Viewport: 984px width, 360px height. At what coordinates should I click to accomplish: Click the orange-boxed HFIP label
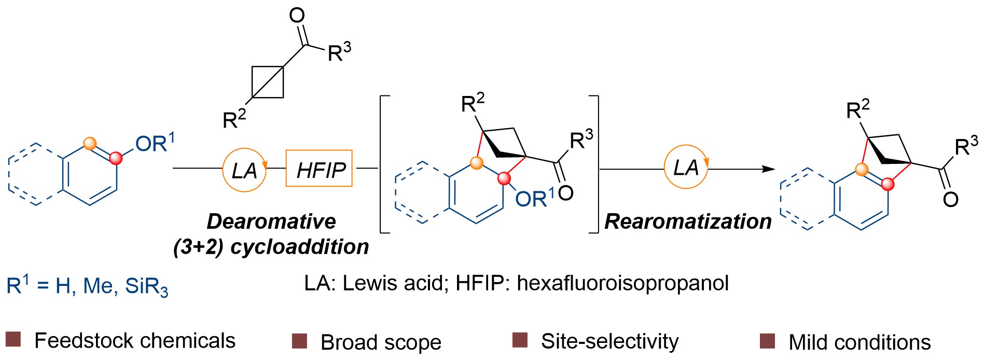pos(319,169)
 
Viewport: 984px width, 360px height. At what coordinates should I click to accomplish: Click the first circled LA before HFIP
pos(244,169)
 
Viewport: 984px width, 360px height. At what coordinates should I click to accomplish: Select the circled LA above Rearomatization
pos(686,167)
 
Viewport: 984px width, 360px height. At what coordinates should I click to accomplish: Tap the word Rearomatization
pos(688,221)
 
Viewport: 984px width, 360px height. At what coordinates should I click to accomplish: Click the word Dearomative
pos(271,221)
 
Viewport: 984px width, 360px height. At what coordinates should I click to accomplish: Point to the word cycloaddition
pos(299,246)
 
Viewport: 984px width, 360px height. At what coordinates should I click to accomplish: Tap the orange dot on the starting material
pos(90,144)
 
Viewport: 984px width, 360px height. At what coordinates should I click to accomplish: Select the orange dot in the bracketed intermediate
pos(476,163)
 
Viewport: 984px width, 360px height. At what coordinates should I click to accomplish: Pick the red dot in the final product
pos(888,184)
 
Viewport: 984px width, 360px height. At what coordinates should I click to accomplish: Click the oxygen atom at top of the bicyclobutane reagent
pos(297,16)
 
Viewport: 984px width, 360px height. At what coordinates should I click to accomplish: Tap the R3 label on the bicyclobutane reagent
pos(339,52)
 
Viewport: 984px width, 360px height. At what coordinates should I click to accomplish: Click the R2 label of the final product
pos(857,109)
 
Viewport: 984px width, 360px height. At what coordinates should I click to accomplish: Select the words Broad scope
pos(381,342)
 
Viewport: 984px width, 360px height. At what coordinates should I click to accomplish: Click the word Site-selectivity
pos(609,341)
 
